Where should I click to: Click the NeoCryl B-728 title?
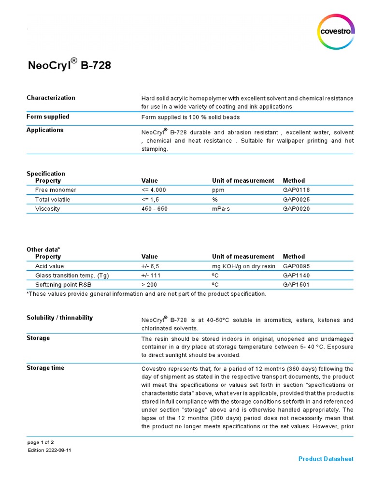[69, 65]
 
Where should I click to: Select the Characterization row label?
[51, 98]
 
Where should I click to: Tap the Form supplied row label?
[48, 116]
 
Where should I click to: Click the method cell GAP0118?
[296, 190]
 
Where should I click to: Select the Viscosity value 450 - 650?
[155, 209]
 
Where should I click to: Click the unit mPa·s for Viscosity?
[222, 209]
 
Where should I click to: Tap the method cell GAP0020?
[296, 209]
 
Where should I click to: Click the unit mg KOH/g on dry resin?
[243, 266]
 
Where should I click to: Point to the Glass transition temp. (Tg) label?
[72, 276]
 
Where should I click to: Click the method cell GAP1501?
[296, 285]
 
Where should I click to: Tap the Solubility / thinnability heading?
[59, 318]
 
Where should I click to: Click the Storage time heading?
[45, 368]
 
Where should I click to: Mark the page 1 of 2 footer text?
[40, 442]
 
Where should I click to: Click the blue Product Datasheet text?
[326, 459]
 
